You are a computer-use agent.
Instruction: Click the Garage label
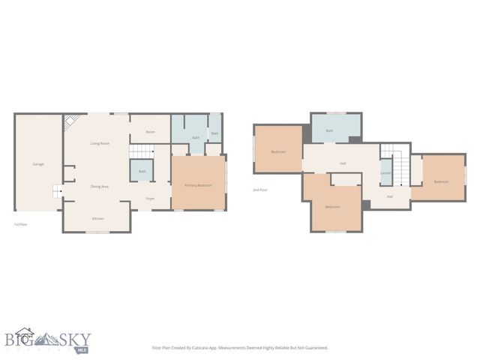37,163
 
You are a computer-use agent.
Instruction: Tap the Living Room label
100,143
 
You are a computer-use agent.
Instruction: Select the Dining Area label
100,186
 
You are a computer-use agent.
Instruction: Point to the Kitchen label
97,218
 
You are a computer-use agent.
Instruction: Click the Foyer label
150,199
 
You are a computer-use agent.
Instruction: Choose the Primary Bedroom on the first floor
199,185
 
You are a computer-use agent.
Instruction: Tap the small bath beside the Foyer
142,172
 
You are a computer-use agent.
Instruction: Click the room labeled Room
150,132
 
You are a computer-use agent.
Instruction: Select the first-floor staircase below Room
141,151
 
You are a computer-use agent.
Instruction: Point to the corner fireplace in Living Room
70,122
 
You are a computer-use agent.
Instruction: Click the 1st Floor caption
21,224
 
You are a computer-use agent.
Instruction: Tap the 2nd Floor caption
260,190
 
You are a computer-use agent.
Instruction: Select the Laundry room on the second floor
386,173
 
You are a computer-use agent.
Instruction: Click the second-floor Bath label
329,130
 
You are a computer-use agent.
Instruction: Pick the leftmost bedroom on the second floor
278,152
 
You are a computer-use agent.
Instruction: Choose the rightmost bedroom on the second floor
441,181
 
